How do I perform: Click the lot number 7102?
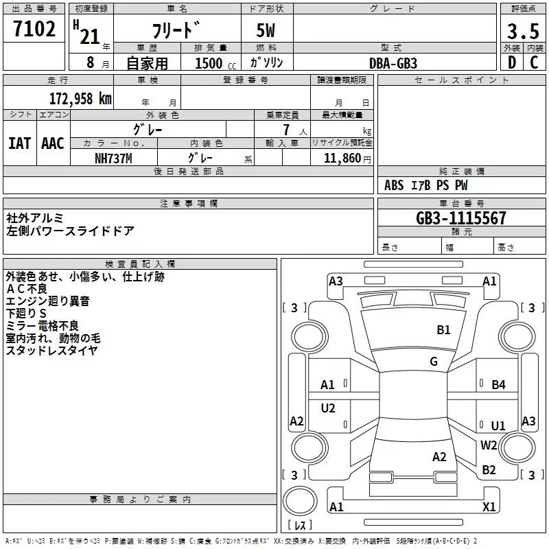(34, 29)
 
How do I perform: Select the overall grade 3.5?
(523, 31)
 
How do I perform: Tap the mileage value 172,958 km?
(80, 99)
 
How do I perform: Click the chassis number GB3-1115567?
(461, 218)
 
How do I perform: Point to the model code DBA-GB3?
(393, 63)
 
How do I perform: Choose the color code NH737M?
(113, 159)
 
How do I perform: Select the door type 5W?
(266, 30)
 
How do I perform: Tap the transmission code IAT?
(19, 143)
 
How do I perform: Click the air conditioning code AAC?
(53, 143)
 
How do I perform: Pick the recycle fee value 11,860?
(342, 159)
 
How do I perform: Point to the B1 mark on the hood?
(443, 329)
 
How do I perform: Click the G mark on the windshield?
(434, 361)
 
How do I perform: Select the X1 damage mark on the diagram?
(489, 506)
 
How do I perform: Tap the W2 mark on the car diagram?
(489, 445)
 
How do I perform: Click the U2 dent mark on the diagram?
(328, 408)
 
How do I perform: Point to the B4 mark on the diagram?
(498, 385)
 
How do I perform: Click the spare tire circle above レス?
(300, 501)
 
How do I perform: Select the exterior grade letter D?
(512, 62)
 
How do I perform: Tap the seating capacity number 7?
(286, 130)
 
